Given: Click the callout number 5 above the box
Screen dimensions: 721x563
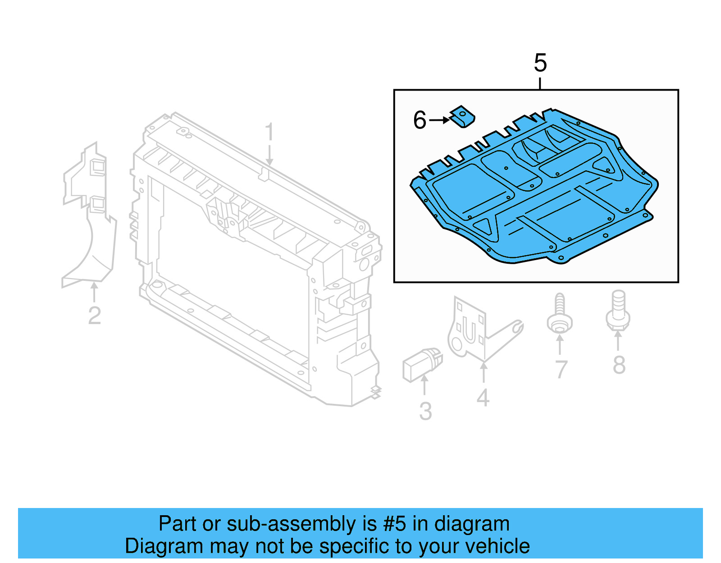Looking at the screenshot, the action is tap(540, 63).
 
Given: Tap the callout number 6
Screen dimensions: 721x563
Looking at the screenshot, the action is tap(420, 120).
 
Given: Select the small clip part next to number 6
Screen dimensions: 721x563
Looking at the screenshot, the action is tap(462, 116).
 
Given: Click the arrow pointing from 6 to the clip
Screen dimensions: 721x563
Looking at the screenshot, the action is tap(439, 120).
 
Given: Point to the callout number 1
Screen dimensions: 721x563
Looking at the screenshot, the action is tap(269, 131).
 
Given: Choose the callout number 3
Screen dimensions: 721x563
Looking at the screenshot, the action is tap(425, 411).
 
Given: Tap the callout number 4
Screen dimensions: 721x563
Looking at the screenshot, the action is tap(483, 398).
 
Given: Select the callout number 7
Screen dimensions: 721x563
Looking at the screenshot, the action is tap(561, 369).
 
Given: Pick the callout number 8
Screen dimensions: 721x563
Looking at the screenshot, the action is tap(619, 365).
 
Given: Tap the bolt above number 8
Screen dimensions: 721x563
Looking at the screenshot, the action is tap(618, 310).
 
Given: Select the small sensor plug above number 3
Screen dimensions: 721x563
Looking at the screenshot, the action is tap(422, 365).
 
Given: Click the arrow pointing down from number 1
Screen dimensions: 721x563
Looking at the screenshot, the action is tap(269, 154).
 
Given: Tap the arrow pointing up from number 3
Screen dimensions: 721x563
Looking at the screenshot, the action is tap(424, 385).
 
